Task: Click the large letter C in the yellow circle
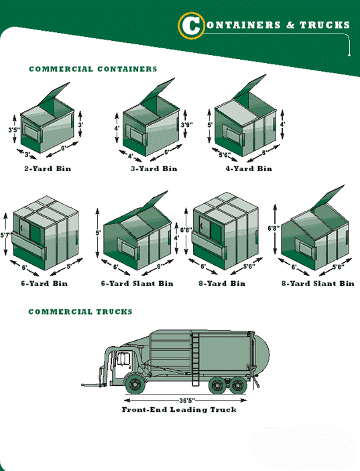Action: point(190,25)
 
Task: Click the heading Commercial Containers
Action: point(93,69)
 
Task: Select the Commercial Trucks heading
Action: point(80,312)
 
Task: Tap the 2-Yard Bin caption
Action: point(48,168)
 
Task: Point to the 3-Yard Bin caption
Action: point(154,168)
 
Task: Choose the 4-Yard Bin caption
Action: point(249,168)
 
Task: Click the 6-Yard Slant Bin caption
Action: point(137,283)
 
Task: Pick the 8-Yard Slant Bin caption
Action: point(318,283)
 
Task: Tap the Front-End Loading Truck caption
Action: point(179,409)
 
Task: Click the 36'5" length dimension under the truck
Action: point(187,401)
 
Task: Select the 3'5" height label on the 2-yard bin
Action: point(14,129)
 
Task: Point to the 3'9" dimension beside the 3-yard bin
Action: point(187,124)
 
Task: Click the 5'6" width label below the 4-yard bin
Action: point(225,155)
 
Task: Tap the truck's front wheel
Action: point(135,384)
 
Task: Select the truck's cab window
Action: point(123,358)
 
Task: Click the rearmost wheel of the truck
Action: point(238,385)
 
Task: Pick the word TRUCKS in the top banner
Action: point(324,25)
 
